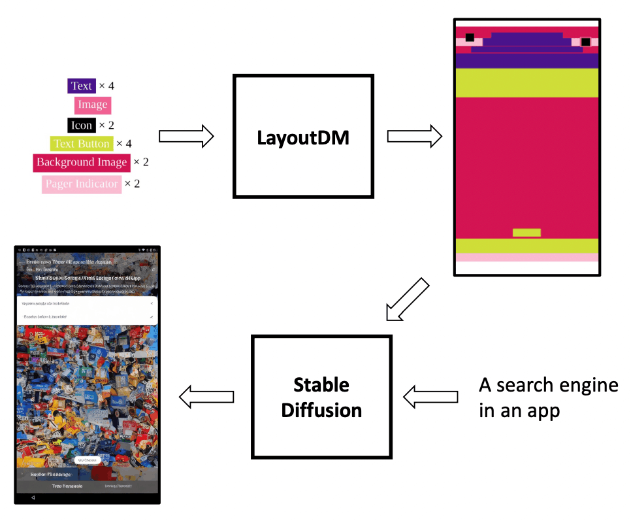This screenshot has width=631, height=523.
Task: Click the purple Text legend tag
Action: pos(82,86)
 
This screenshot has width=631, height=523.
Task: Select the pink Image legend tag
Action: pos(92,105)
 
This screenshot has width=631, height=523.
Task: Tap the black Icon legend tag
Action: pos(82,125)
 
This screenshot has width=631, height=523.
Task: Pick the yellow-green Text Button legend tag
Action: pos(82,144)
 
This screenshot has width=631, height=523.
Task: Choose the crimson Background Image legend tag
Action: pos(82,162)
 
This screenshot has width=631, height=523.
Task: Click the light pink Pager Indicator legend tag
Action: pos(82,184)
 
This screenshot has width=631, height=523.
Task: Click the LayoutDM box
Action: pos(303,136)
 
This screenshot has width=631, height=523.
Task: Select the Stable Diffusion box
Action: pos(321,397)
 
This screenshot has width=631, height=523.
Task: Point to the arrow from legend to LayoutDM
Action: pos(186,136)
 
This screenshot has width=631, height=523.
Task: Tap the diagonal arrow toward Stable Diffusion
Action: pos(407,299)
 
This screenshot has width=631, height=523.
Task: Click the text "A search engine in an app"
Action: pos(547,397)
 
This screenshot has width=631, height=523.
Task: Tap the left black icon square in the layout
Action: pos(470,38)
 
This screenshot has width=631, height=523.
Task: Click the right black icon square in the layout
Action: pos(585,42)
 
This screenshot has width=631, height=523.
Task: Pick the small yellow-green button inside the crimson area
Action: pos(526,232)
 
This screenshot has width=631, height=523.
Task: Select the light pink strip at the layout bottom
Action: pos(526,258)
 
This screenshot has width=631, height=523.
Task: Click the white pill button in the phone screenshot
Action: pos(87,460)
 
